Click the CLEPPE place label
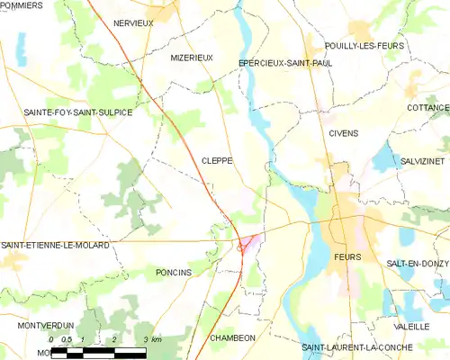click(x=217, y=160)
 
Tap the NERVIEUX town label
click(x=132, y=22)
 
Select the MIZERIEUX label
click(x=192, y=58)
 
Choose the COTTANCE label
click(x=427, y=106)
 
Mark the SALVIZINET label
click(x=423, y=160)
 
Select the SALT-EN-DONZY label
click(x=417, y=262)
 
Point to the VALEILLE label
click(x=411, y=327)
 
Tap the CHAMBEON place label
click(x=232, y=337)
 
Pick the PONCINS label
click(x=174, y=272)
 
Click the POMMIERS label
click(x=22, y=5)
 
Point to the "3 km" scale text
click(x=152, y=339)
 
